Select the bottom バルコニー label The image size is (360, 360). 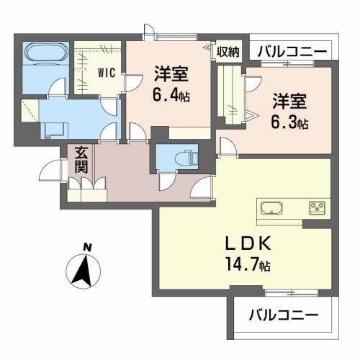pos(282,315)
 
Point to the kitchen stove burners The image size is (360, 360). pos(317,209)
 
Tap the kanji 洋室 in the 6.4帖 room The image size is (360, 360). pos(171,72)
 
